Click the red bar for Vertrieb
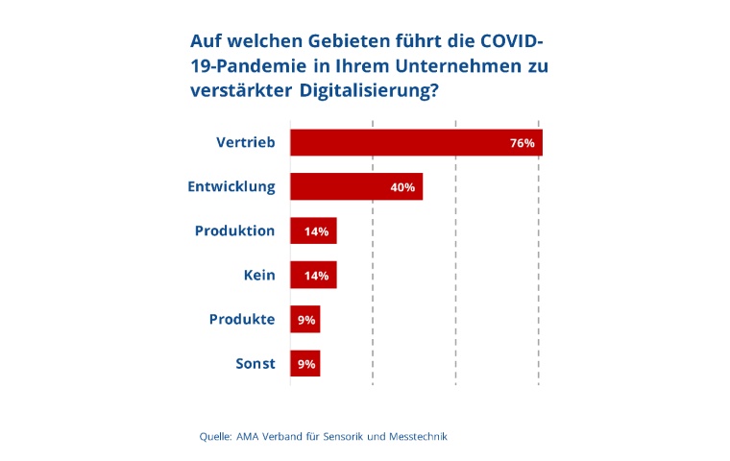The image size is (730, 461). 416,143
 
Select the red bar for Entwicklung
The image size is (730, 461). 356,187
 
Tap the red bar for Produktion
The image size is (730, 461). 313,231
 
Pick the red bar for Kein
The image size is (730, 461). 313,276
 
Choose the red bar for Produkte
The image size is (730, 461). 304,320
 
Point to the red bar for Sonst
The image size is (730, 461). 304,364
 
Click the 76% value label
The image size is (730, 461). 522,143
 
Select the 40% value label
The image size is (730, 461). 402,187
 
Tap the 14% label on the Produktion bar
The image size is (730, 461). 317,231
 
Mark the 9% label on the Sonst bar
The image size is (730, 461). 306,364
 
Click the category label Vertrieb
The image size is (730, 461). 246,143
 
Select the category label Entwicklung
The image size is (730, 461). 231,187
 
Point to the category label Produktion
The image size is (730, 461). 235,231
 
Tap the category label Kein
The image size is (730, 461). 259,276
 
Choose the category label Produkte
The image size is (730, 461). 242,320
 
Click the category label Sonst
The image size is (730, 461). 255,364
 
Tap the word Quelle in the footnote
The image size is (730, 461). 215,436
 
